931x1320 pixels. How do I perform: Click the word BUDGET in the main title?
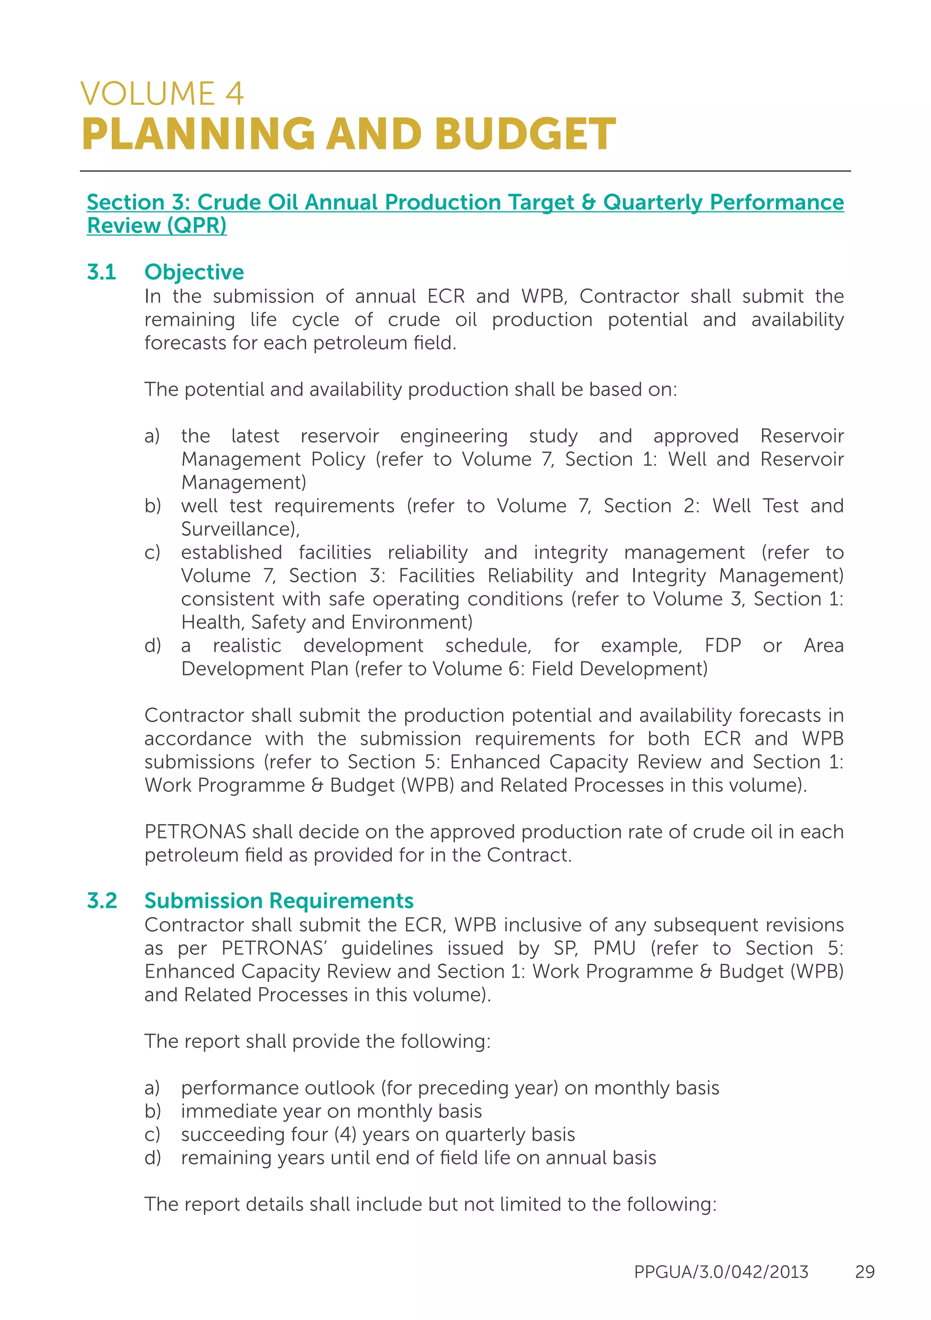pos(525,134)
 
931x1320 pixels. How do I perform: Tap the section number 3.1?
pos(101,272)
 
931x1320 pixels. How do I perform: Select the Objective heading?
pos(194,272)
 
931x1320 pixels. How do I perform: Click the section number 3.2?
pos(102,900)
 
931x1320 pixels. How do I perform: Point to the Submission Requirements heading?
pos(279,900)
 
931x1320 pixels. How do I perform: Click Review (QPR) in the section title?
pos(156,226)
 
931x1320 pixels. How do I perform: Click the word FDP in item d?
pos(722,645)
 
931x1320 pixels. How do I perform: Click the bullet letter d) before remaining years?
pos(152,1158)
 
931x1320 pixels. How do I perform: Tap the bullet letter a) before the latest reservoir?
pos(152,436)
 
